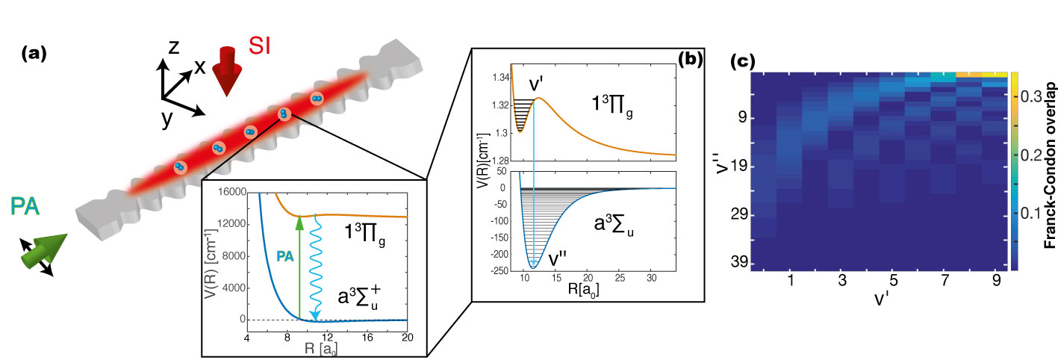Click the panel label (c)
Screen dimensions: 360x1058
click(742, 61)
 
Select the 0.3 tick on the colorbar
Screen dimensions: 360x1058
click(1027, 97)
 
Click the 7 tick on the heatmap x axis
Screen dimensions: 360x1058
click(939, 283)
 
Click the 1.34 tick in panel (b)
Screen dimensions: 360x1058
click(496, 77)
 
